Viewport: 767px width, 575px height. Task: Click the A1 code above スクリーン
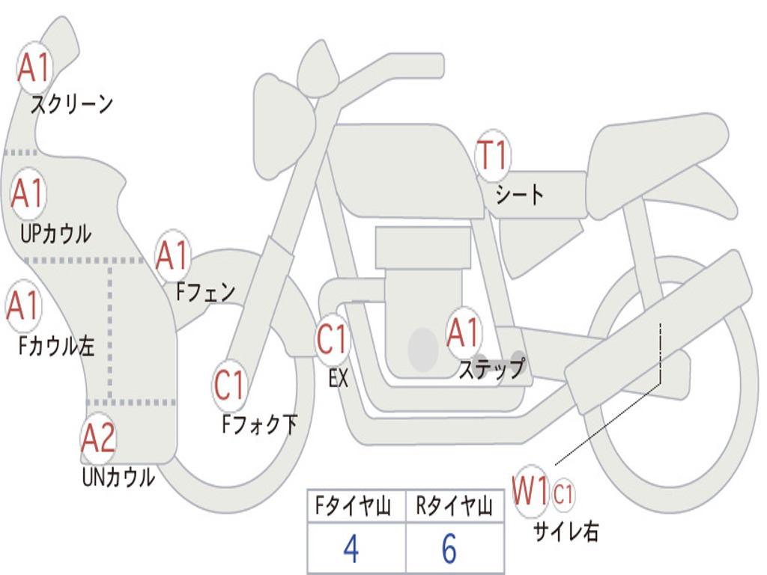pyautogui.click(x=34, y=68)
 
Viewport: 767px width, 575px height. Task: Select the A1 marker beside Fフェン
pyautogui.click(x=173, y=256)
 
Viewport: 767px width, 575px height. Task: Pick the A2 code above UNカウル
pyautogui.click(x=99, y=438)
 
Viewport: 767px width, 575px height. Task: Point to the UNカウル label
pyautogui.click(x=118, y=477)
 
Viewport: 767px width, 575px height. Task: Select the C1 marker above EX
pyautogui.click(x=333, y=340)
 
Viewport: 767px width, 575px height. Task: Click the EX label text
pyautogui.click(x=339, y=379)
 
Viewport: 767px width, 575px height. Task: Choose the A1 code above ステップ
pyautogui.click(x=464, y=332)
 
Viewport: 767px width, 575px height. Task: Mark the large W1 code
pyautogui.click(x=530, y=493)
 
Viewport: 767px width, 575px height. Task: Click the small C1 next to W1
pyautogui.click(x=563, y=493)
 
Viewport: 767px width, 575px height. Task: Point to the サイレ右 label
pyautogui.click(x=566, y=532)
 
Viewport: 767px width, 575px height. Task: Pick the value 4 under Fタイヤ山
pyautogui.click(x=351, y=549)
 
